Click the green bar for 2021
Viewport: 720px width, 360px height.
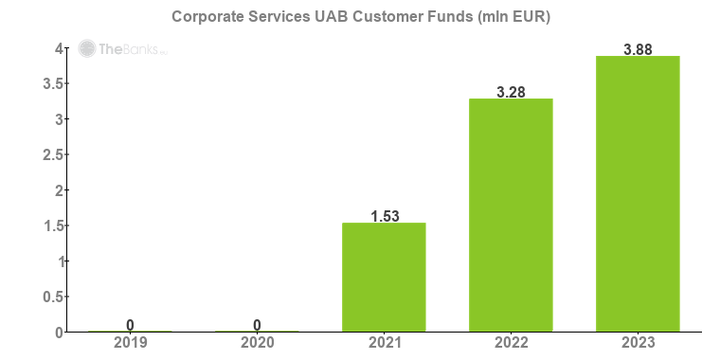(384, 277)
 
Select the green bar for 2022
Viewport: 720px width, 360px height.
(511, 215)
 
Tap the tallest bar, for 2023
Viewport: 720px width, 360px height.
(638, 193)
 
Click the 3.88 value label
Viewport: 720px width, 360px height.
(638, 49)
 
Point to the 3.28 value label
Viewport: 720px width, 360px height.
(511, 92)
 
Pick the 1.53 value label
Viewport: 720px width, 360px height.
(384, 216)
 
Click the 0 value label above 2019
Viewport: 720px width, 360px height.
(130, 325)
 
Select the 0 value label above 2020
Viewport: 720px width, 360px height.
(257, 325)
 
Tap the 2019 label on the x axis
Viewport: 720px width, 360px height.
(130, 343)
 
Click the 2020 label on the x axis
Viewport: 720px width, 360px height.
(257, 343)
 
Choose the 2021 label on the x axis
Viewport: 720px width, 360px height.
(384, 343)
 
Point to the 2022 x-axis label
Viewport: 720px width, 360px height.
(511, 343)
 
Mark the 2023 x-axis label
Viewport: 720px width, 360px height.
(638, 343)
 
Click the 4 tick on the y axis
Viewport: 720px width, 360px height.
(58, 48)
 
